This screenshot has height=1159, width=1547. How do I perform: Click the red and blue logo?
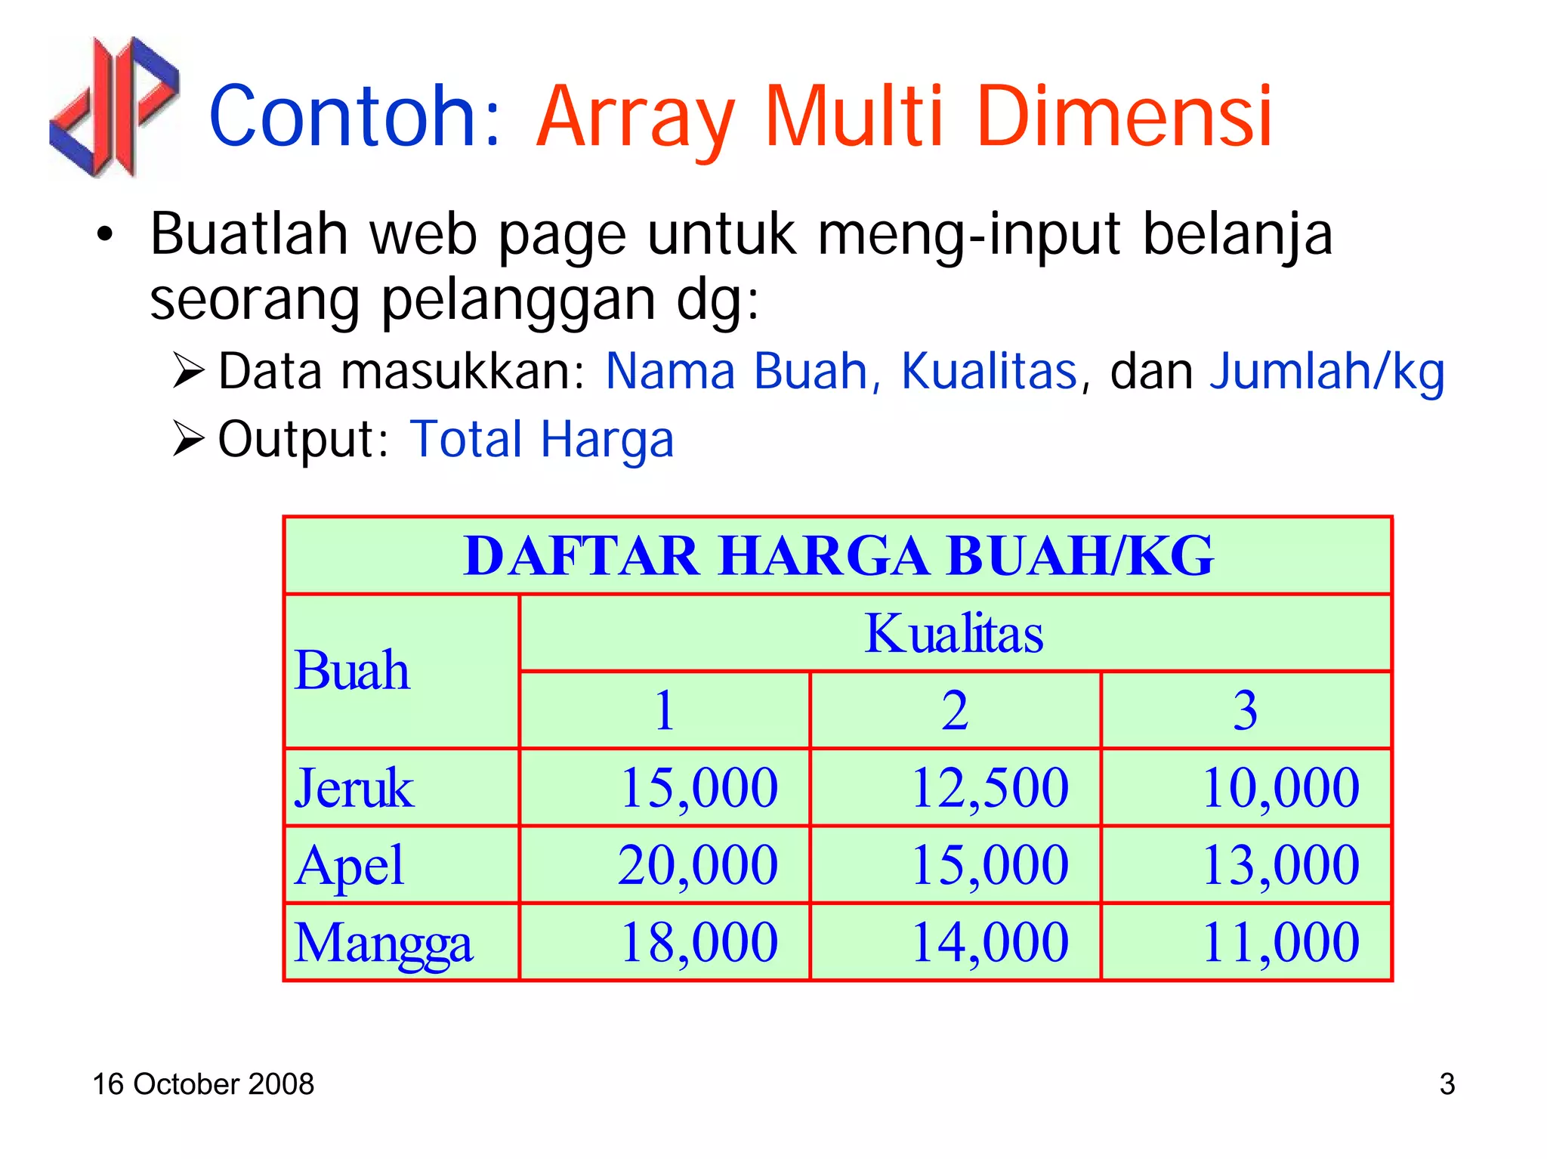pos(114,107)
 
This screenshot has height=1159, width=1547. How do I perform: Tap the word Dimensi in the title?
pos(1123,117)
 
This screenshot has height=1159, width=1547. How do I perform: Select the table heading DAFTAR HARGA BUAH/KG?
pos(838,556)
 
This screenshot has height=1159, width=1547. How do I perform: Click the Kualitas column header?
pos(954,633)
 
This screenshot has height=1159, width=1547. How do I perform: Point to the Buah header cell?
pos(352,671)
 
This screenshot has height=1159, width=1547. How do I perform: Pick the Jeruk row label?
pos(354,788)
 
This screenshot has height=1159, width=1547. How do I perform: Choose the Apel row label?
pos(350,865)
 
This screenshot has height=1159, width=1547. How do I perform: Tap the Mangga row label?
pos(383,943)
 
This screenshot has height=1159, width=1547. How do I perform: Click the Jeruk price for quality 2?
pos(990,788)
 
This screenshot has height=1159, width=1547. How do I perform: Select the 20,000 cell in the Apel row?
pos(698,865)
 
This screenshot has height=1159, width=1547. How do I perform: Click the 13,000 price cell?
pos(1280,865)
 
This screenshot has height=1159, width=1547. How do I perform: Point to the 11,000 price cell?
pos(1280,943)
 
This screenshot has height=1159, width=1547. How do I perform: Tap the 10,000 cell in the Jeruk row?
pos(1280,788)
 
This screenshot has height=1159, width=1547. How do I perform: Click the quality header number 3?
pos(1246,710)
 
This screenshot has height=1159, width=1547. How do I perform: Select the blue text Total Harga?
pos(542,440)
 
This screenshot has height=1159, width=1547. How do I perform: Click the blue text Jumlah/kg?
pos(1326,372)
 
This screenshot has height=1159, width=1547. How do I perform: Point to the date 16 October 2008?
pos(203,1084)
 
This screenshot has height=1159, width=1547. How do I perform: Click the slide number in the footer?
pos(1447,1084)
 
